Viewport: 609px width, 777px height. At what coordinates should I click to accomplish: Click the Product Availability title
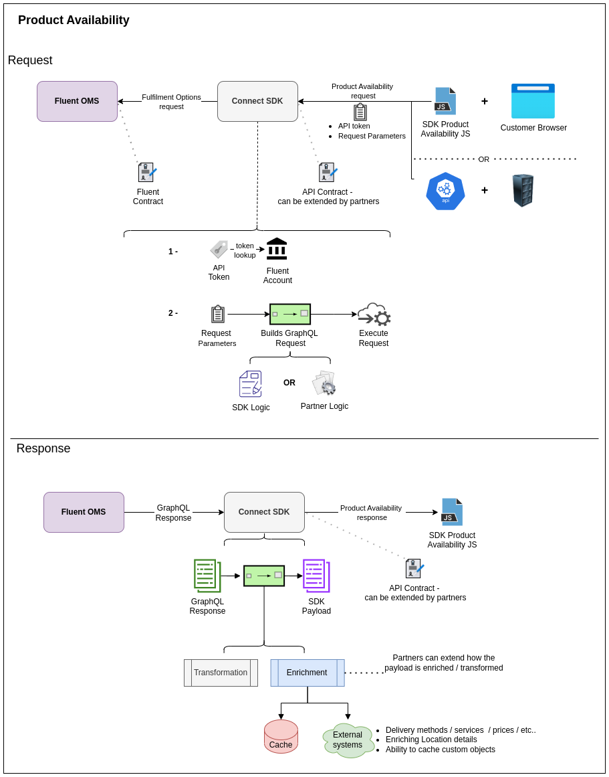pos(74,20)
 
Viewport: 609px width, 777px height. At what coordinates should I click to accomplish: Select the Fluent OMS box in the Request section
pos(77,101)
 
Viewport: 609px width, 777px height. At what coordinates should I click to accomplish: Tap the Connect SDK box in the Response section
pos(264,512)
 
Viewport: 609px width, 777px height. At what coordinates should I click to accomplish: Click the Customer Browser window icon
pos(533,101)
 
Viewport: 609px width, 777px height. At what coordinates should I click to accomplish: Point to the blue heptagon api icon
pos(445,191)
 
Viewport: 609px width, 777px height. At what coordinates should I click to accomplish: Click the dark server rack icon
pos(523,191)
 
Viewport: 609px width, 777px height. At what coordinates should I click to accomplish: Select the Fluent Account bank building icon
pos(277,249)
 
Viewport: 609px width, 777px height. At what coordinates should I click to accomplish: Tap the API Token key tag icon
pos(219,250)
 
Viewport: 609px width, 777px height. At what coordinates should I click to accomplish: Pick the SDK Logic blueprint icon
pos(250,384)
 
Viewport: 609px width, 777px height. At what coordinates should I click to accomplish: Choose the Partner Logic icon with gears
pos(324,383)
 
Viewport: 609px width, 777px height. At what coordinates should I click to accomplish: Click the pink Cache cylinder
pos(281,736)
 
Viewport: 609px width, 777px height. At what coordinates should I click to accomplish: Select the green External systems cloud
pos(348,740)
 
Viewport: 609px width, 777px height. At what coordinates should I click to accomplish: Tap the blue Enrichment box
pos(307,673)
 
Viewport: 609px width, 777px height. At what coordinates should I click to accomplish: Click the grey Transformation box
pos(221,673)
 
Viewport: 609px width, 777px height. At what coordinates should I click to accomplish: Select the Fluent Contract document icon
pos(147,173)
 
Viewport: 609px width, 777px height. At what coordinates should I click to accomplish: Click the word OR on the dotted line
pos(483,159)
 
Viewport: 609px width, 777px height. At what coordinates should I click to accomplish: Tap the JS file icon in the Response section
pos(452,512)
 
